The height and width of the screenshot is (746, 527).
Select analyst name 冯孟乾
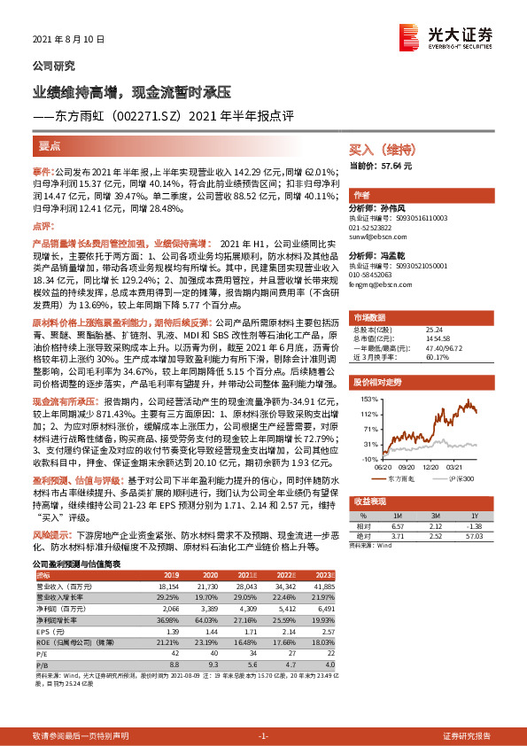click(x=391, y=255)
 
